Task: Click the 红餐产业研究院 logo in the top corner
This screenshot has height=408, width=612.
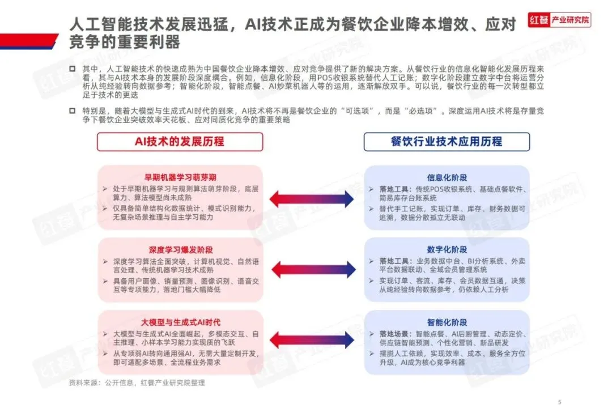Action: pos(558,20)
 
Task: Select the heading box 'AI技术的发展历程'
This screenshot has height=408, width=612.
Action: pos(180,142)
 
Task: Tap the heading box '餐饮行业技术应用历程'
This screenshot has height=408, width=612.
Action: pos(447,142)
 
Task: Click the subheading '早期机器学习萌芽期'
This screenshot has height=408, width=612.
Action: pos(180,177)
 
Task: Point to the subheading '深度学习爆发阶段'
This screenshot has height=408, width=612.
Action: pos(180,250)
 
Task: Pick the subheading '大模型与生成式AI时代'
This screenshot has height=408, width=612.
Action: pos(180,322)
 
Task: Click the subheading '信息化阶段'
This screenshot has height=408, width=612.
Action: pos(447,177)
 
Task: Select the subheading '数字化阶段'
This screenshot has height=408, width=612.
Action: pos(447,250)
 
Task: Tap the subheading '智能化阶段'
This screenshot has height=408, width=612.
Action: pos(447,322)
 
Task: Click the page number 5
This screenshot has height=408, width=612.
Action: pos(559,397)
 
